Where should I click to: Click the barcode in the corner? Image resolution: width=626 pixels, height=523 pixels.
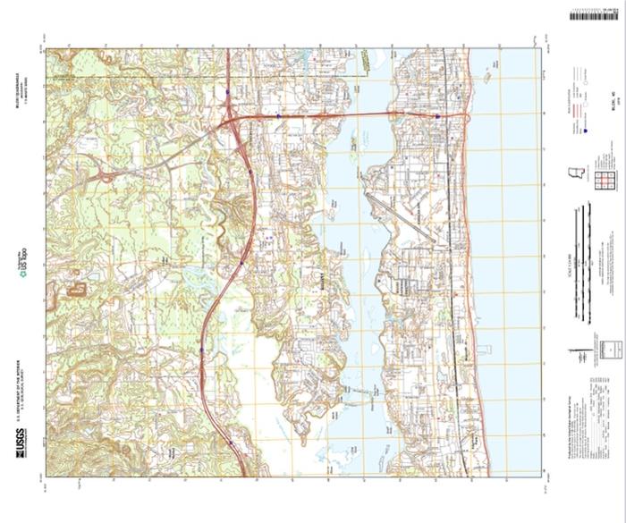(x=595, y=14)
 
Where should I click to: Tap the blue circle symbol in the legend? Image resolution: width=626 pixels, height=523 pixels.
(x=584, y=131)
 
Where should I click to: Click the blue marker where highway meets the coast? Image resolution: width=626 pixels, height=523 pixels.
(x=437, y=116)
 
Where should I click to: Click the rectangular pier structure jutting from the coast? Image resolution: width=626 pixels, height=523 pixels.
(x=484, y=349)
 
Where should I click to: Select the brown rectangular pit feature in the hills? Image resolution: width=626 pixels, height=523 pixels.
(x=77, y=289)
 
